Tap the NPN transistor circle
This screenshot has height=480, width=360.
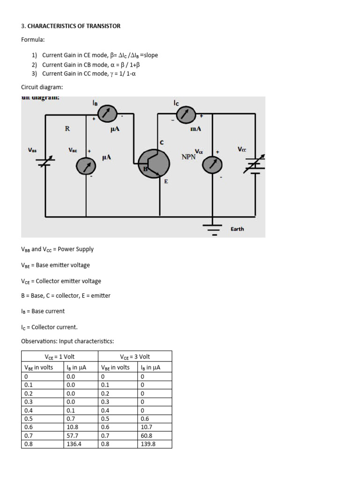coord(154,164)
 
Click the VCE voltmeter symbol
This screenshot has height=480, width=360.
coord(212,164)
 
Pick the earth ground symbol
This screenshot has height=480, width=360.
coord(214,229)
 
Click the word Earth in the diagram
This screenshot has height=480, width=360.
coord(237,229)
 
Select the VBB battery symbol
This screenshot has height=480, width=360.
coord(45,162)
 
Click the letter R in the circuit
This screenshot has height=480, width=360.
coord(67,128)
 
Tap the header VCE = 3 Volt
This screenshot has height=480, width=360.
coord(135,357)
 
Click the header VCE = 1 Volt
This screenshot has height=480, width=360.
coord(60,357)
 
